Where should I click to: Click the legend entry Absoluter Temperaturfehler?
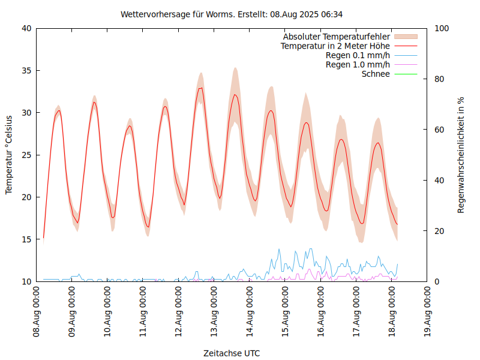click(337, 37)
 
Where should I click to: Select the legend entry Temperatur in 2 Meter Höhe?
click(335, 46)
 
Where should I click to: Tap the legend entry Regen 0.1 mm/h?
click(358, 55)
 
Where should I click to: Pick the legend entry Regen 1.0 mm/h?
click(358, 65)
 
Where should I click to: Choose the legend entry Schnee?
click(376, 74)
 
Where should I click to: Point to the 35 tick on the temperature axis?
click(26, 71)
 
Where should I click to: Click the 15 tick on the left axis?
click(26, 239)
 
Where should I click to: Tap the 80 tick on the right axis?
click(439, 79)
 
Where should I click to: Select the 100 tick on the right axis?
click(442, 28)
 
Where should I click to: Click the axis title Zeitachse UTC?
click(232, 353)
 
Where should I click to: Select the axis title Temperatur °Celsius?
click(9, 155)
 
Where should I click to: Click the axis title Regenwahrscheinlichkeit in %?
click(461, 155)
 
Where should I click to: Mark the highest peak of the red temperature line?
click(201, 88)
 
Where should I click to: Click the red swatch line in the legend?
click(406, 46)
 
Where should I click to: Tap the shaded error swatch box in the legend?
click(406, 37)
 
